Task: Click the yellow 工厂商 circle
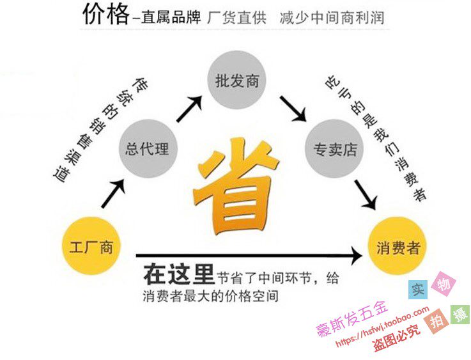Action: point(90,246)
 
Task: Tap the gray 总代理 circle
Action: point(148,149)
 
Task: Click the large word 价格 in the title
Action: point(105,15)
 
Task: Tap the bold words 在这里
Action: point(177,275)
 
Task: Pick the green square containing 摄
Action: point(459,314)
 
